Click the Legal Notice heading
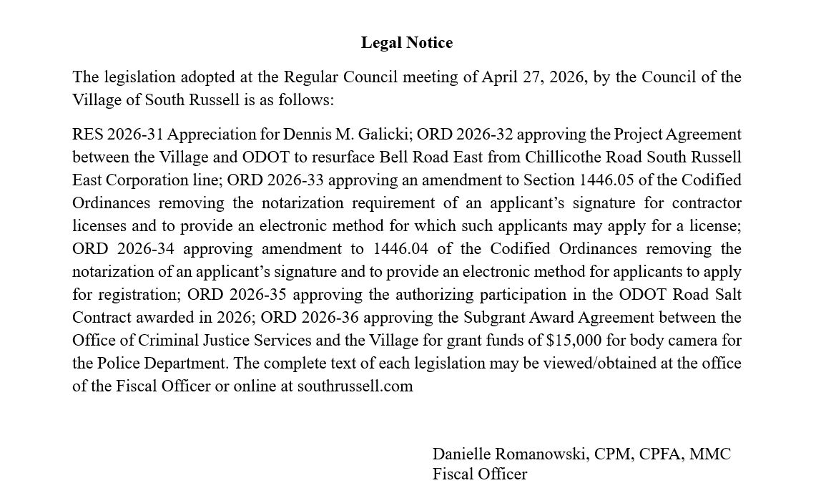point(406,43)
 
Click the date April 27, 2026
point(534,77)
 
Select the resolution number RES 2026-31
point(118,135)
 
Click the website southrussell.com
point(355,386)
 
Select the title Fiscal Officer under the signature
point(479,474)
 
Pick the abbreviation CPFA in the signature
point(661,454)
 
